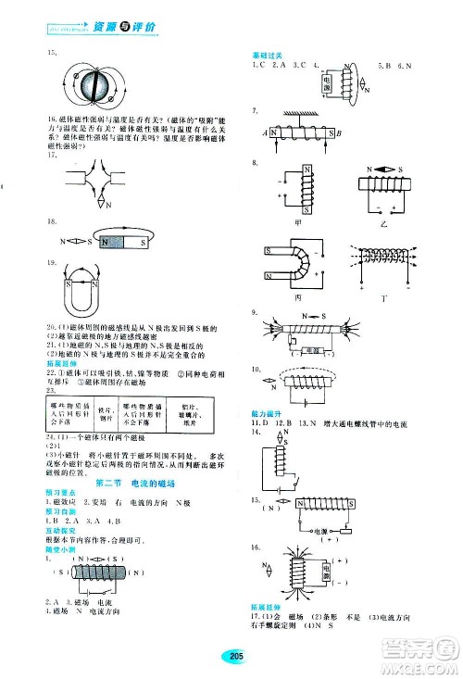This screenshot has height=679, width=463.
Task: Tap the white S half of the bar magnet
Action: tap(135, 243)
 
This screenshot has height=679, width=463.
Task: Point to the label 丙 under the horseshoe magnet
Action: tap(296, 298)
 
